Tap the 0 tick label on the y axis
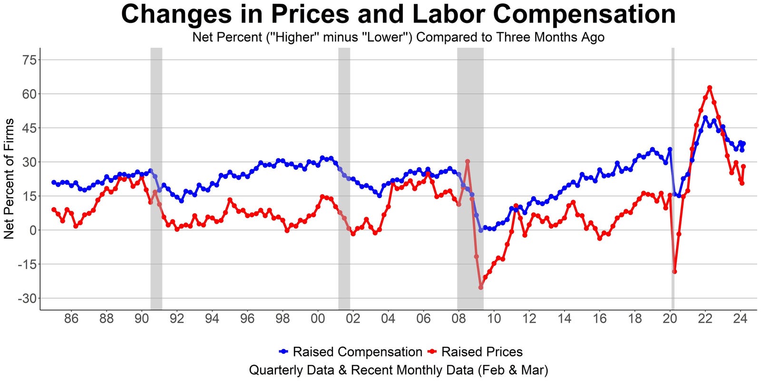click(32, 231)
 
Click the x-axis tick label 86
click(71, 319)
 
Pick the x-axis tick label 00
click(318, 319)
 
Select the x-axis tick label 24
click(741, 319)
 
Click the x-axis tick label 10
click(494, 319)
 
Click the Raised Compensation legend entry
click(357, 352)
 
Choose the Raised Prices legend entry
click(481, 352)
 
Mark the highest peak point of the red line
click(710, 88)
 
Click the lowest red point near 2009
click(481, 287)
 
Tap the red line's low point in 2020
click(674, 271)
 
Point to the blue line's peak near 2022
click(705, 118)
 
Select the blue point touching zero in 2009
click(481, 230)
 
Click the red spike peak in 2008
click(468, 161)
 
